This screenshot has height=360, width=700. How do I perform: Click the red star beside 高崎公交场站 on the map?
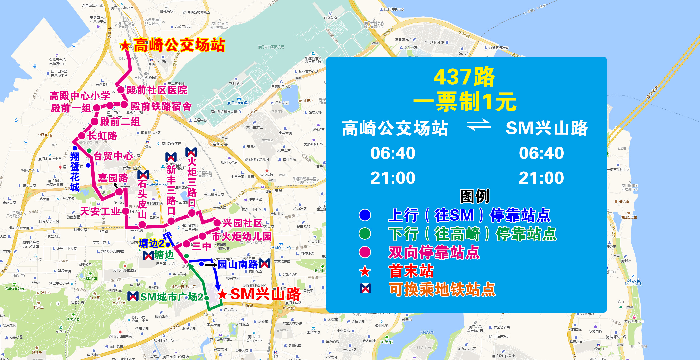coord(125,45)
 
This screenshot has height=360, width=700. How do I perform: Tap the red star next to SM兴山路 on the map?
coord(222,294)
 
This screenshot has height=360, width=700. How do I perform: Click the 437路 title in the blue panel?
coord(464,77)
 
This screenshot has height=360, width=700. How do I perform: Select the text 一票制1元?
coord(465,102)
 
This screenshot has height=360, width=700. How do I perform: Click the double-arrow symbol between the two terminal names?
coord(479,125)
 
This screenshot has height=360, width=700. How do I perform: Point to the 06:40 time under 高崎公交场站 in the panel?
coord(393,153)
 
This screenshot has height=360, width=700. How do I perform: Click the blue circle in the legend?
coord(365,215)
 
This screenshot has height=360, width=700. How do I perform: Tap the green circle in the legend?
coord(365,234)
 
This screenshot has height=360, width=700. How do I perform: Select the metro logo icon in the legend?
coord(365,288)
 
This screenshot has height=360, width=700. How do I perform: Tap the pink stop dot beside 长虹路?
coord(82,136)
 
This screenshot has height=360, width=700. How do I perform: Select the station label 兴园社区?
coord(242,223)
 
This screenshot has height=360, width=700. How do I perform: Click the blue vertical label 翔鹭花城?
coord(75,172)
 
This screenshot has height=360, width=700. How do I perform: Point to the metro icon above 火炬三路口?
coord(191,152)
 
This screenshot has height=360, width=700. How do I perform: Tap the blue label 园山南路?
coord(238,264)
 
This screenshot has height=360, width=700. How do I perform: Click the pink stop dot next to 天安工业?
coord(126,211)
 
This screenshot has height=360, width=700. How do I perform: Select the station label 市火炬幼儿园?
coord(242,236)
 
